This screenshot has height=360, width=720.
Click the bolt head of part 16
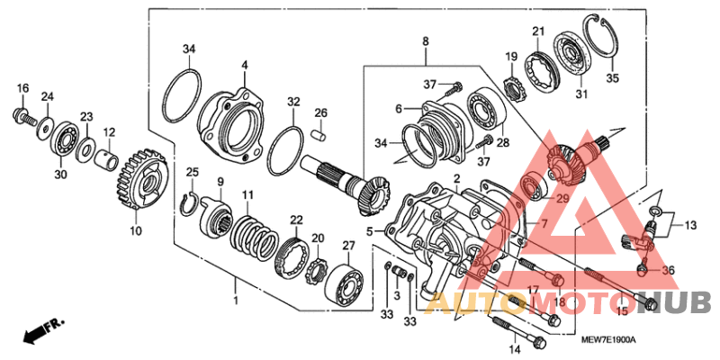coord(20,115)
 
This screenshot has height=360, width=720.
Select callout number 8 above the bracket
coord(426,40)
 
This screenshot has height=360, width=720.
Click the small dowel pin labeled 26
coord(319,133)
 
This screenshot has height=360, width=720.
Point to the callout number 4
coord(244,65)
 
